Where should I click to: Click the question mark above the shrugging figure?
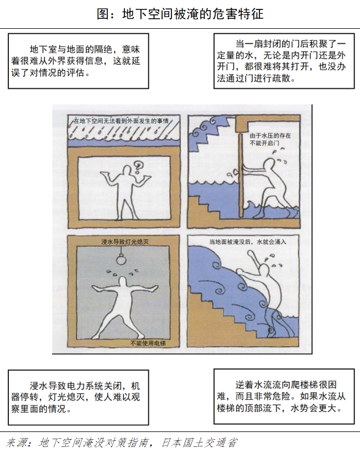pyautogui.click(x=140, y=163)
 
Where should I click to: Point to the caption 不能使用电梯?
pyautogui.click(x=149, y=343)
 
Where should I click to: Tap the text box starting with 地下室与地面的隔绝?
pyautogui.click(x=78, y=61)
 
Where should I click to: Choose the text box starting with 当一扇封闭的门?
pyautogui.click(x=284, y=61)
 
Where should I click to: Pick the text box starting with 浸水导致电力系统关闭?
pyautogui.click(x=78, y=397)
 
